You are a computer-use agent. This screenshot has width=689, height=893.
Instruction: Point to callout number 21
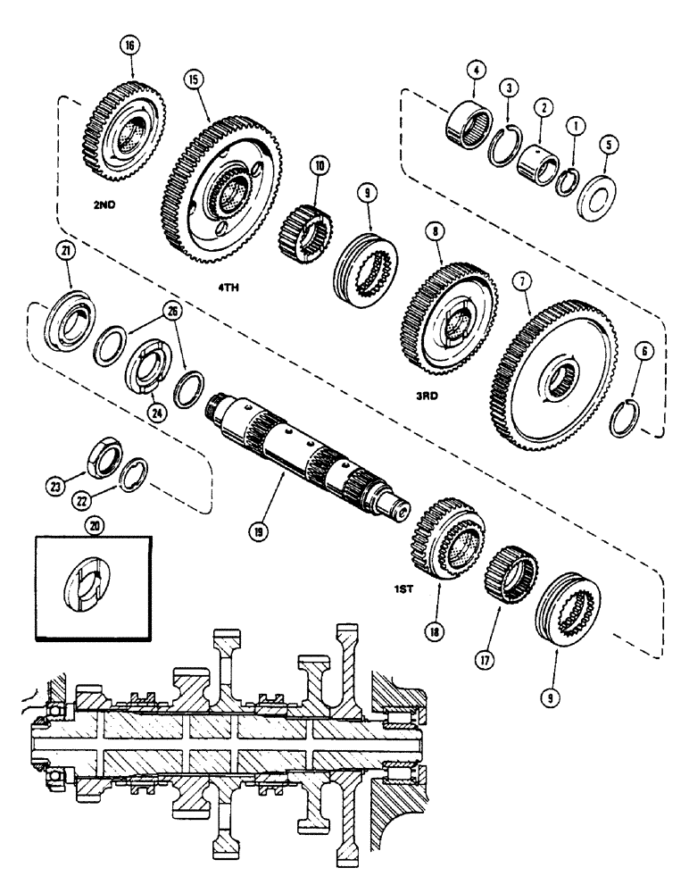click(x=65, y=254)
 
